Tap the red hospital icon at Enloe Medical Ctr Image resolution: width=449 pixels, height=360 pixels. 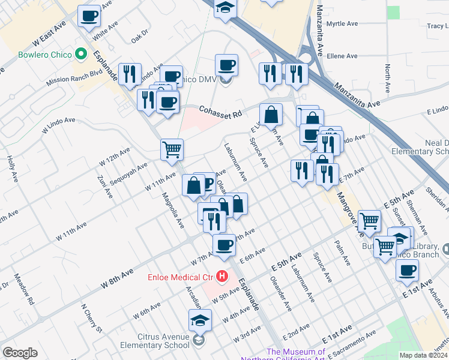tap(223, 277)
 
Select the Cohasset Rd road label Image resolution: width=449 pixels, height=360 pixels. tap(220, 112)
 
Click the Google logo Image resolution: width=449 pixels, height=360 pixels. tap(20, 353)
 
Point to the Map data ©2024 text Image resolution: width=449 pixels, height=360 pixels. tap(423, 355)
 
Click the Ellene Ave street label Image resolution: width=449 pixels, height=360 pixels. tap(342, 56)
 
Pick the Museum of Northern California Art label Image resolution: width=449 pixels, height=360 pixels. tap(297, 355)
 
